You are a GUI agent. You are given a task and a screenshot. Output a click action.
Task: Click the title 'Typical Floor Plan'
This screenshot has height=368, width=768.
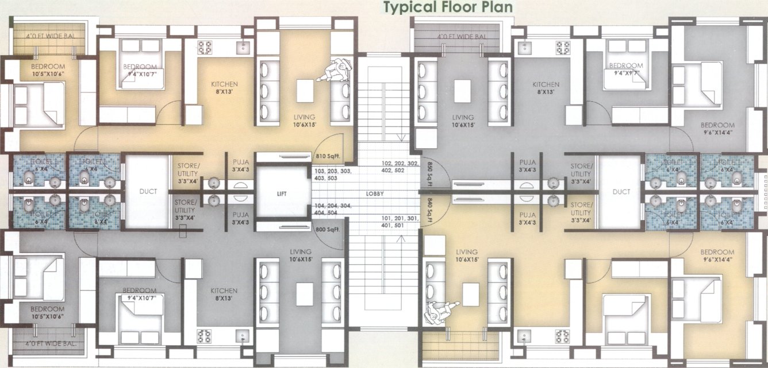pyautogui.click(x=440, y=7)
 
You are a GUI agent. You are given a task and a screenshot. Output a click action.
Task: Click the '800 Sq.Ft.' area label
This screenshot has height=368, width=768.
pyautogui.click(x=328, y=230)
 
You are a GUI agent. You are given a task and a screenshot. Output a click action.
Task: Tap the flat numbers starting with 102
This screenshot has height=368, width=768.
pyautogui.click(x=397, y=166)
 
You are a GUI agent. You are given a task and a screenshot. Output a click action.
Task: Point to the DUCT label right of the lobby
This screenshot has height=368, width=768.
pyautogui.click(x=621, y=192)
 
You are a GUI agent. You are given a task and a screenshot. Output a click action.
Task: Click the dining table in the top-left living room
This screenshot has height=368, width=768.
pyautogui.click(x=305, y=90)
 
